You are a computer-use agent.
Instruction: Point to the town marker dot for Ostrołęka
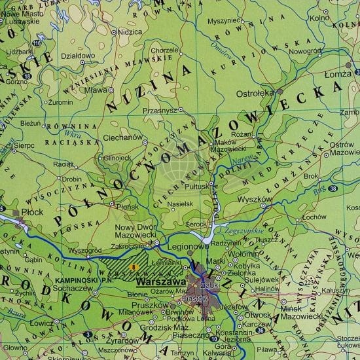click(x=281, y=92)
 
